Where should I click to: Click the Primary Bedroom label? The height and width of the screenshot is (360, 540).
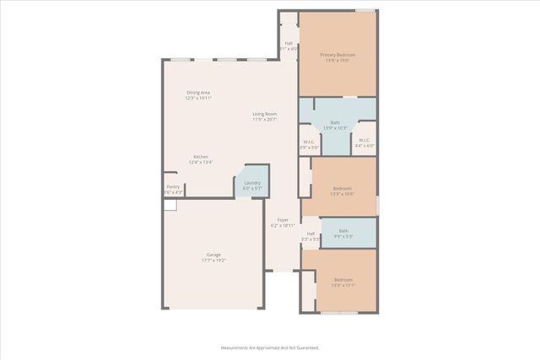(x=337, y=55)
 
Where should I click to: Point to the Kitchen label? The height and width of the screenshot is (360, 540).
(x=201, y=157)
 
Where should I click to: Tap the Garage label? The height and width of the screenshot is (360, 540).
(x=213, y=254)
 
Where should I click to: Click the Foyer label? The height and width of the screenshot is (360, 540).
(x=283, y=220)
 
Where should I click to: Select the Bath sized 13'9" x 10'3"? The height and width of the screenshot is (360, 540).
(x=335, y=123)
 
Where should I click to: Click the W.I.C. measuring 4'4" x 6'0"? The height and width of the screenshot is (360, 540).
(x=364, y=142)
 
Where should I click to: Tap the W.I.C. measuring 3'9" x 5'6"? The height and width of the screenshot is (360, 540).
(x=309, y=144)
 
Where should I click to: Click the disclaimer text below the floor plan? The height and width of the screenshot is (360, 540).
(x=270, y=347)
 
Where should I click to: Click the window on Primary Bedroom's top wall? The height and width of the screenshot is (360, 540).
(x=364, y=11)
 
